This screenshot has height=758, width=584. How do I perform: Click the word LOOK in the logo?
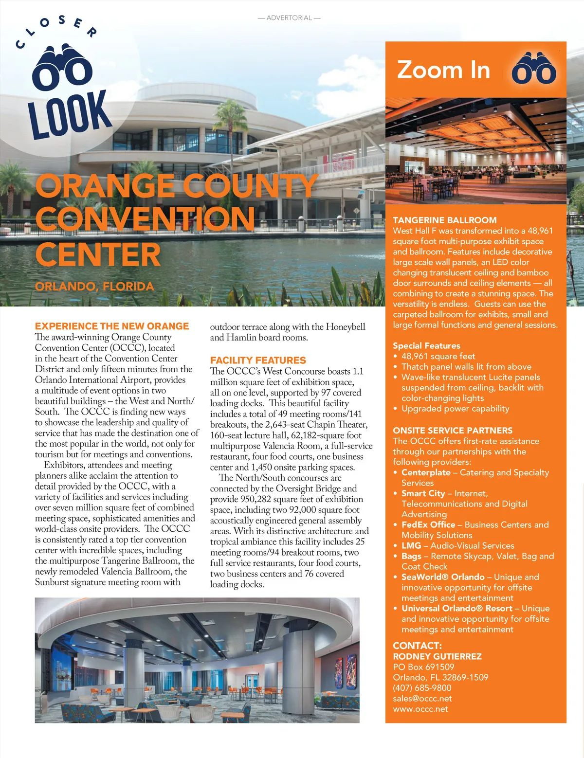(69, 114)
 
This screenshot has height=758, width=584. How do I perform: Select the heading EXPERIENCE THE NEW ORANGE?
(112, 326)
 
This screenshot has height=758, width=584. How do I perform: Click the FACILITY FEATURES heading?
(258, 360)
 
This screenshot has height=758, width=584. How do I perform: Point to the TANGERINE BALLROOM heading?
(445, 220)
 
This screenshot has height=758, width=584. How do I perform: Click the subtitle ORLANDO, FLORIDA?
(94, 286)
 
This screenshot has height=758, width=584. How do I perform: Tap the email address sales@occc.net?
(422, 698)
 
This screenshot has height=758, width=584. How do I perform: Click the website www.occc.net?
(420, 709)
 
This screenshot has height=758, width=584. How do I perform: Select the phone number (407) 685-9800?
(422, 688)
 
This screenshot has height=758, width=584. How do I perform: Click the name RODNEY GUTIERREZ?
(437, 656)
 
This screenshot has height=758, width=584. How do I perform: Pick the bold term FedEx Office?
(428, 524)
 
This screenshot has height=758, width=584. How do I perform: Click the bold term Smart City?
(423, 493)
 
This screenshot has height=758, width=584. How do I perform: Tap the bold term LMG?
(411, 545)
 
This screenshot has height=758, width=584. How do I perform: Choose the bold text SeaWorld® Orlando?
(443, 577)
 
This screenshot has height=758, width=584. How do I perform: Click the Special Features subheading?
(426, 345)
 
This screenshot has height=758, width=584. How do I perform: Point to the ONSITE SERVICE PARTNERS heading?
(453, 430)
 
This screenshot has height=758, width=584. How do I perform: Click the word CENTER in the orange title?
(98, 254)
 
